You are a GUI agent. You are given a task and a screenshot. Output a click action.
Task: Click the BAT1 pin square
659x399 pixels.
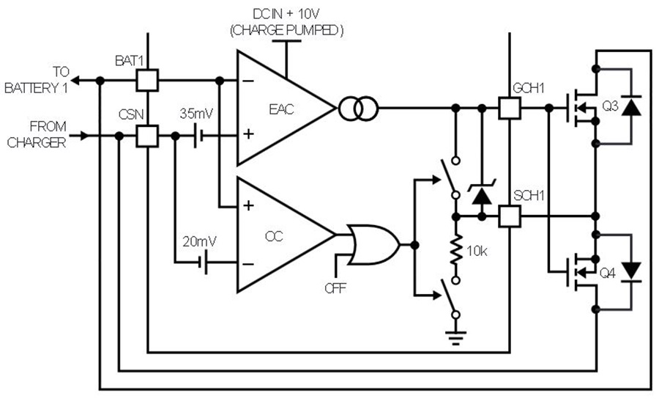click(147, 81)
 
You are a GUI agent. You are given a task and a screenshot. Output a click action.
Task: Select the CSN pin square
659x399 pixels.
click(147, 136)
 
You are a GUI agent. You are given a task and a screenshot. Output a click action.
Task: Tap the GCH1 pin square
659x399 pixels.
click(510, 108)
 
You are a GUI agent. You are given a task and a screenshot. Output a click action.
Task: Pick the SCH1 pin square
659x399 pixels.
click(510, 217)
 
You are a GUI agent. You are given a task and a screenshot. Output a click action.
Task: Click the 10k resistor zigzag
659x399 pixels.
click(456, 250)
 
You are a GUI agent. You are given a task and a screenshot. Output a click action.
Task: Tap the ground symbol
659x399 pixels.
click(456, 338)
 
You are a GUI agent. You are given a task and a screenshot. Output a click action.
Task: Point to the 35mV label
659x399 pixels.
click(197, 114)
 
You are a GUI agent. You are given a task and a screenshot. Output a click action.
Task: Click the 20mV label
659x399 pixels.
click(199, 241)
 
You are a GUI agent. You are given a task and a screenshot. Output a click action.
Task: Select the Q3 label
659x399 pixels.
click(610, 106)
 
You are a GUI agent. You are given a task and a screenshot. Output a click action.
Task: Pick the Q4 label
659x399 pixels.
click(607, 273)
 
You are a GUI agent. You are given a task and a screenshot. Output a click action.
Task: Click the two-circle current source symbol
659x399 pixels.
click(359, 109)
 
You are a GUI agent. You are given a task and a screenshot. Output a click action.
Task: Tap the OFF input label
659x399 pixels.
click(335, 288)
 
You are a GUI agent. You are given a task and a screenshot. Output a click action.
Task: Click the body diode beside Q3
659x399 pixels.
click(631, 106)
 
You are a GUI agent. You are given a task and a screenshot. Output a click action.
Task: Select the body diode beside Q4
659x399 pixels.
click(631, 271)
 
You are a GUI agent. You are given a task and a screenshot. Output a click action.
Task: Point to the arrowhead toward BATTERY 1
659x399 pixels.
click(75, 81)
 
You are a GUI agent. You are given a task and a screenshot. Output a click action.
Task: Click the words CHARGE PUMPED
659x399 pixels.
click(286, 30)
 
